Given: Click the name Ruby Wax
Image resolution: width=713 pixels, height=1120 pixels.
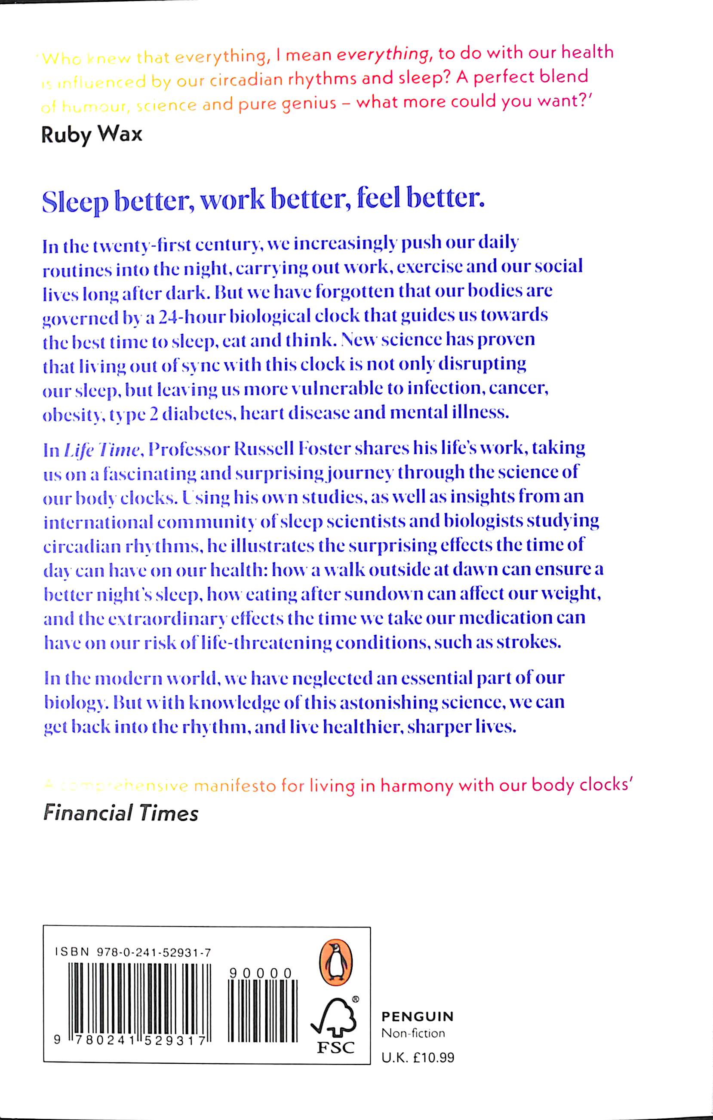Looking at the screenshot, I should coord(92,135).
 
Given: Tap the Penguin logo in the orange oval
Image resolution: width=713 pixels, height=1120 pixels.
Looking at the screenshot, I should coord(335,958).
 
